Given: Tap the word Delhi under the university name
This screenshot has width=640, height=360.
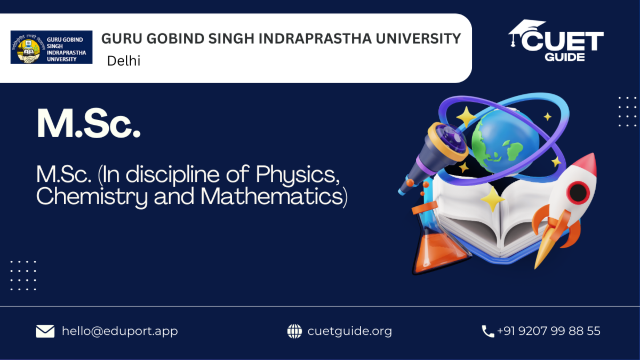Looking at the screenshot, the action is tap(124, 61).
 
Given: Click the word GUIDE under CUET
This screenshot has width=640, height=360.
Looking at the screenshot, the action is tap(565, 57).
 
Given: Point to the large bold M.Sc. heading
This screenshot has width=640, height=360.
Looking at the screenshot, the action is tap(89, 123).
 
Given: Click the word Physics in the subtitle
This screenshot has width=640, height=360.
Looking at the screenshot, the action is tap(298, 174).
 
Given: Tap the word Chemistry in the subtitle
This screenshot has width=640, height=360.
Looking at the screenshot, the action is tap(92, 197).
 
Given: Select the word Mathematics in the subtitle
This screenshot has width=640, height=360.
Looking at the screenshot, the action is tap(274, 196).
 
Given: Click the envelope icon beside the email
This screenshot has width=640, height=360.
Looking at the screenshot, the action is tap(45, 331).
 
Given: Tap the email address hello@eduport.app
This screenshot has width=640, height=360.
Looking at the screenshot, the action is tap(119, 331).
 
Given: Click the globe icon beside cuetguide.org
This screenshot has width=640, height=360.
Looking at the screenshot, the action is tap(294, 331).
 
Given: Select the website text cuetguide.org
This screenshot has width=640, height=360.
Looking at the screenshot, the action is tap(350, 331).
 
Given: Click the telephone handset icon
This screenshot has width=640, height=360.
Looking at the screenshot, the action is tap(487, 331).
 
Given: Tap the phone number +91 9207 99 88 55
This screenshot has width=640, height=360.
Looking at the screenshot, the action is tap(549, 331).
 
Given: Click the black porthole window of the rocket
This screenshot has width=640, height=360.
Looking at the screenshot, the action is tap(578, 193).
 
